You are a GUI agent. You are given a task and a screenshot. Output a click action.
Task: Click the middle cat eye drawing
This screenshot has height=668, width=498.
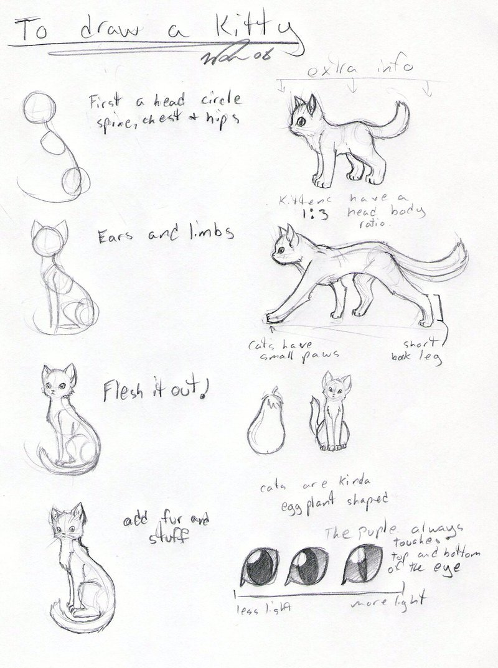point(309,565)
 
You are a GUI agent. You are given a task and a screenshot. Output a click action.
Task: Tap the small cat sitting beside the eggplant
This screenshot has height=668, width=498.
point(332,414)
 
